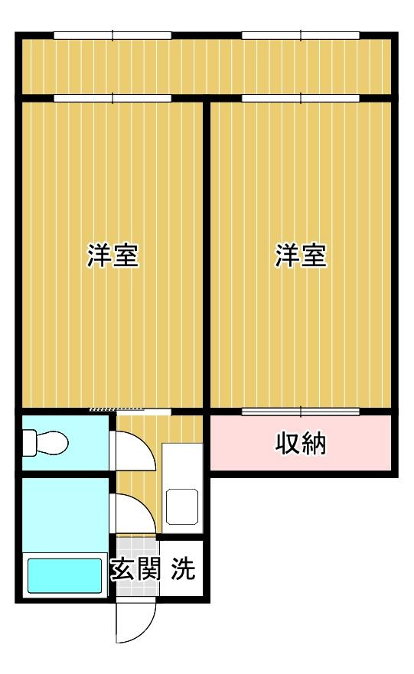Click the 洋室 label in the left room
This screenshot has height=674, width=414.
coord(112,256)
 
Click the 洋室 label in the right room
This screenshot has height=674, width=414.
coord(302,256)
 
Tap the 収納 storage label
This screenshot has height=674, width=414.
coord(301,444)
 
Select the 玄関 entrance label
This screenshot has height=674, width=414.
coord(134,570)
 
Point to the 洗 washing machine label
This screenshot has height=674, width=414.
coord(182,570)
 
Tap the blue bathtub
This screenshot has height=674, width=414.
coord(65,575)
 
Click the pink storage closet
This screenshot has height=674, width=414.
coord(301,444)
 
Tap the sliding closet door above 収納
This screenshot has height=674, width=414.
coord(301,412)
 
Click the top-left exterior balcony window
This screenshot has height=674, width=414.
coord(112,34)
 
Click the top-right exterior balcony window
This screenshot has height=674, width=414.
coord(301,34)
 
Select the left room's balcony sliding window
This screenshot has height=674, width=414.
coord(112,98)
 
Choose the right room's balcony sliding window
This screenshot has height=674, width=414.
coord(301,98)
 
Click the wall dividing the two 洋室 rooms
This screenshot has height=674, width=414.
coord(207,252)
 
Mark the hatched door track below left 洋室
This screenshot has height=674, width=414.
coord(115,411)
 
